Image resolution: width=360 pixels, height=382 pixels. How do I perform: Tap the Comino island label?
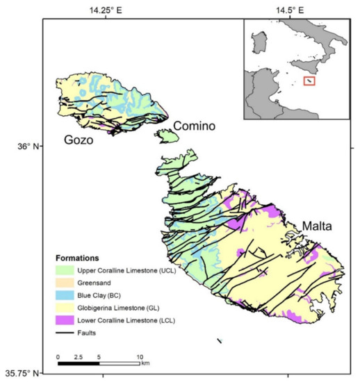(194, 126)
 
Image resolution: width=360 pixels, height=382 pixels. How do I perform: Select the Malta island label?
(317, 227)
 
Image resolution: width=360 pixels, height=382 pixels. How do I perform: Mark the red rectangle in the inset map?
(309, 81)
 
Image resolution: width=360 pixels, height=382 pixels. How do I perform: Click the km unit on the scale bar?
(145, 363)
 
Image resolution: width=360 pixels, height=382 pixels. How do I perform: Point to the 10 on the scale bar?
(139, 356)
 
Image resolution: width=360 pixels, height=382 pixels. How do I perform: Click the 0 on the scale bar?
(58, 356)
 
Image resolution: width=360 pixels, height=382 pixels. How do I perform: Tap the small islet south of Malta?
(219, 340)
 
